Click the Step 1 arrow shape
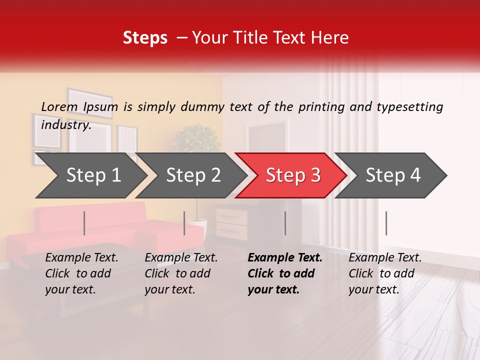point(93,175)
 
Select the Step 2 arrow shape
point(193,175)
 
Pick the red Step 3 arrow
point(293,175)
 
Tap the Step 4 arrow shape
point(393,175)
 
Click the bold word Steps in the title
point(145,38)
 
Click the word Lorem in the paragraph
point(59,106)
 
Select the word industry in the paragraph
point(65,124)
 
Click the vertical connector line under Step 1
point(84,223)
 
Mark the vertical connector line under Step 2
point(184,223)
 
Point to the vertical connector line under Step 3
point(285,223)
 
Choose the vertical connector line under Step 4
point(386,223)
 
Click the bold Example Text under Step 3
point(285,257)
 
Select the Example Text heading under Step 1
point(81,257)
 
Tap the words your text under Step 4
point(373,289)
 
